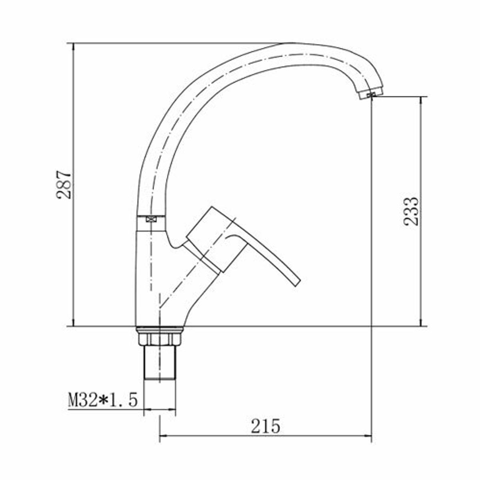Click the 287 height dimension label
pos(64,185)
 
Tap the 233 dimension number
pos(411,212)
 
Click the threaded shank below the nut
pos(160,366)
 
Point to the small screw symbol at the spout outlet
pos(371,95)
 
